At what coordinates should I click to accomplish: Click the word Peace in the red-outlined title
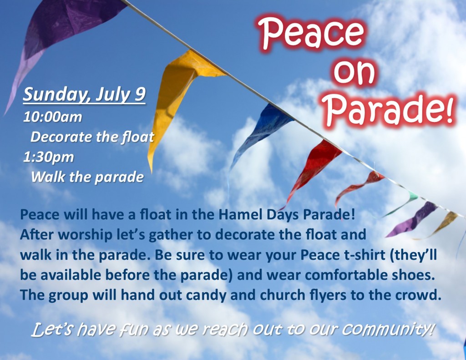311,33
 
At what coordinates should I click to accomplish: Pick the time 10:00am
53,117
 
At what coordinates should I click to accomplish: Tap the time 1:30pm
49,157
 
